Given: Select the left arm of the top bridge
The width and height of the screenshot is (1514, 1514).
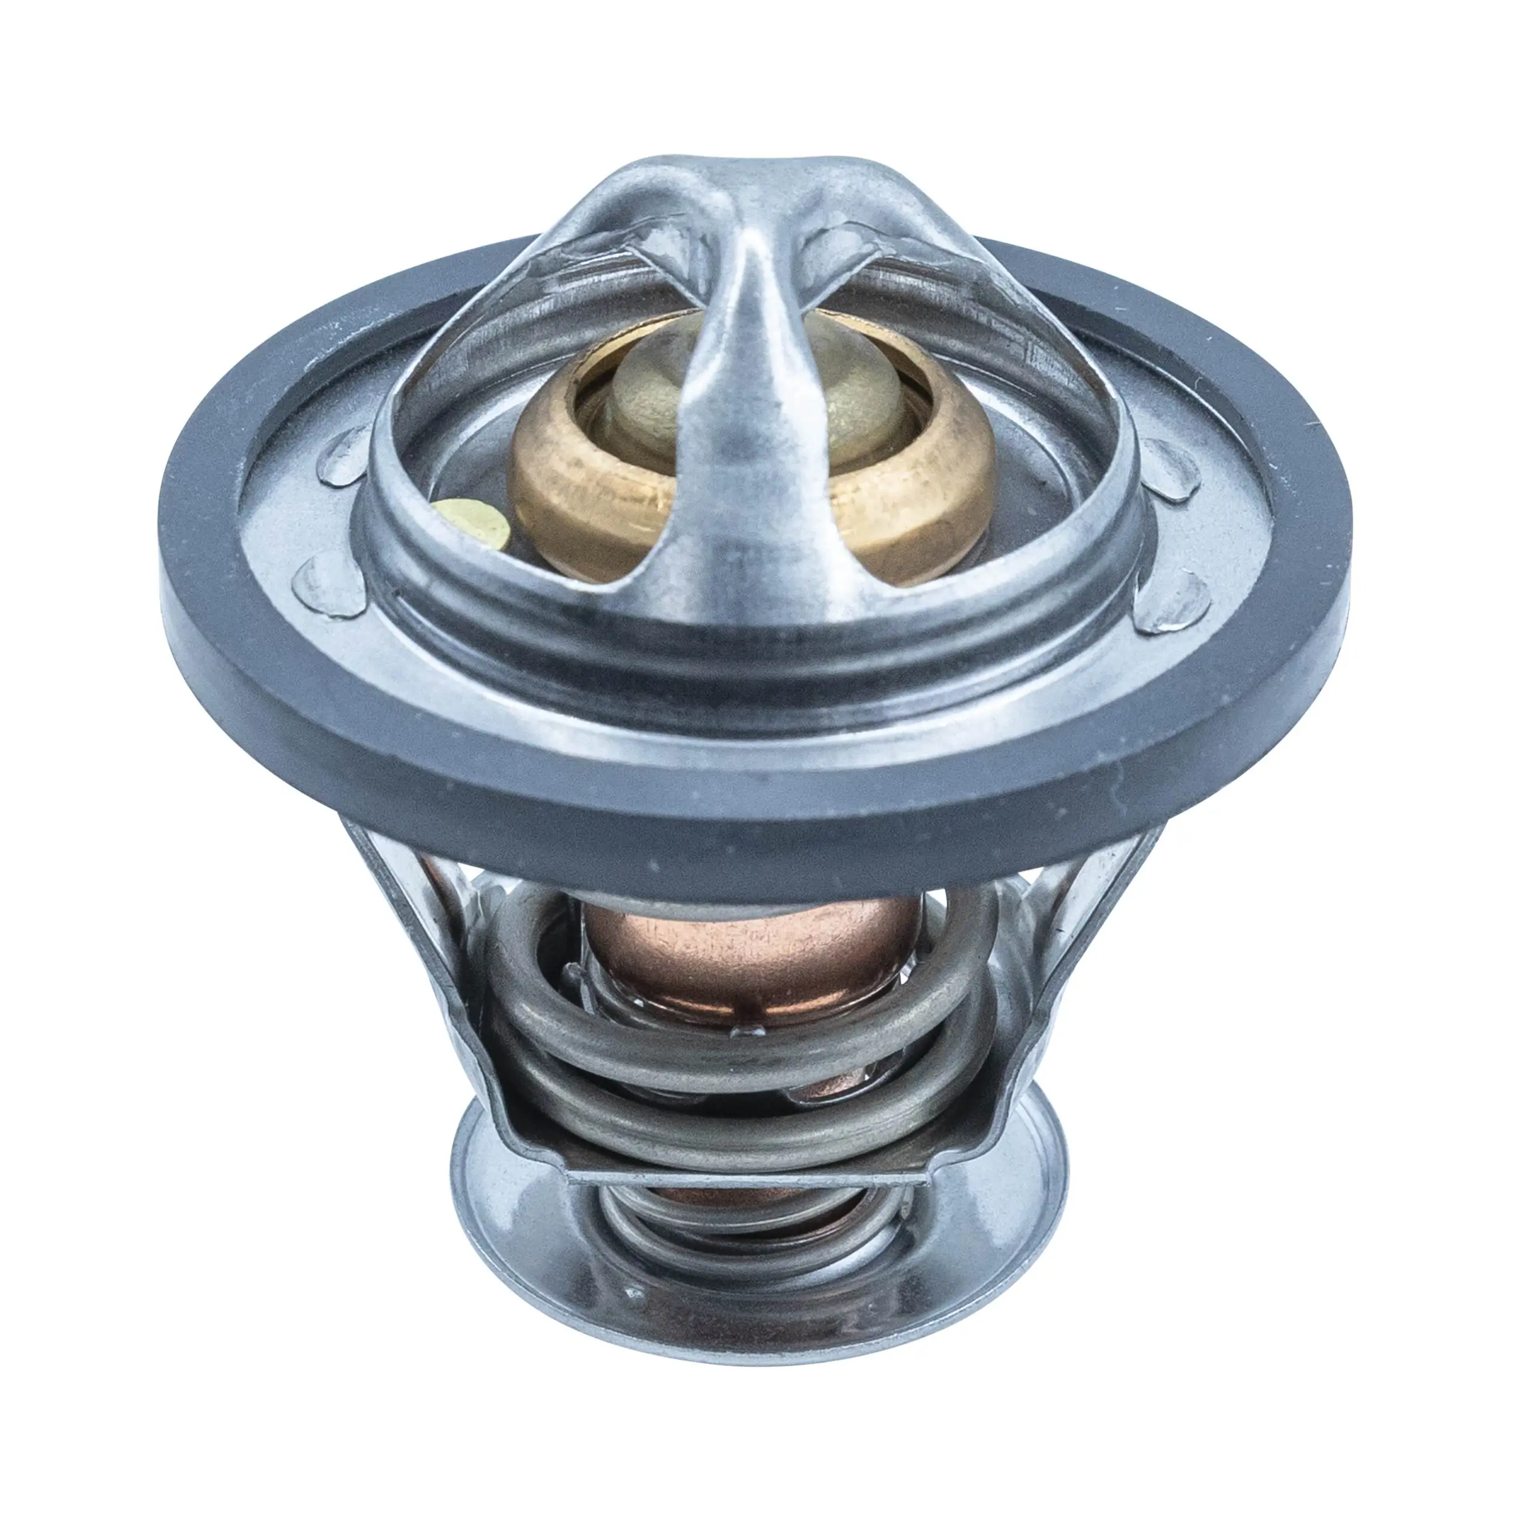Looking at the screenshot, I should (549, 259).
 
